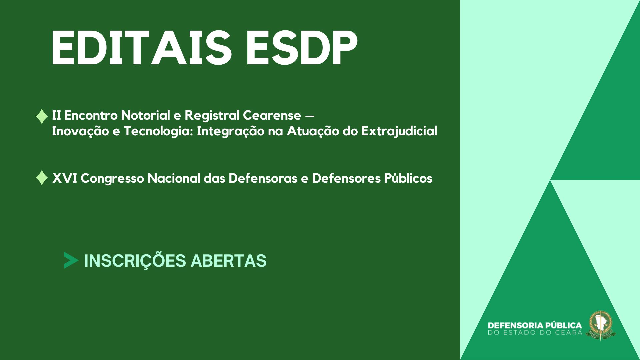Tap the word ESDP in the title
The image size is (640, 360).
pos(301,48)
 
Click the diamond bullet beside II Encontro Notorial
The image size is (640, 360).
pos(42,116)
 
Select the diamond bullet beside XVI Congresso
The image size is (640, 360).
pos(42,178)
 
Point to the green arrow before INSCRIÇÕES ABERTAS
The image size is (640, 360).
pos(71,260)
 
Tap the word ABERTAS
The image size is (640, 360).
pos(229,261)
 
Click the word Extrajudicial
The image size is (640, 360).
pos(399,131)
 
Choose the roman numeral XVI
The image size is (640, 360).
pos(65,178)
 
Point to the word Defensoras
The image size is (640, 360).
pos(263,178)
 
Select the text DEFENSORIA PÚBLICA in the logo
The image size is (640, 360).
pos(535,325)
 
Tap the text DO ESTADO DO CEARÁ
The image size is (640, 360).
pos(535,333)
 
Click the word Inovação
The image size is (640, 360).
pos(80,131)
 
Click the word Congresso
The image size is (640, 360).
pos(112,178)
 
